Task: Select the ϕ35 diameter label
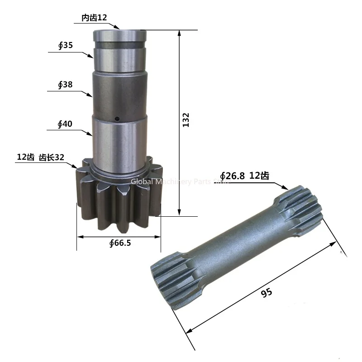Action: tap(66, 46)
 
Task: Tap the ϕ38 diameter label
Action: tap(66, 85)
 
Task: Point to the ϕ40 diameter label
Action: tap(66, 124)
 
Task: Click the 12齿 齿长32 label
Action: tap(41, 157)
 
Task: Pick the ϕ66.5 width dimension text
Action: tap(120, 243)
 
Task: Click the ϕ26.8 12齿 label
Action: tap(244, 176)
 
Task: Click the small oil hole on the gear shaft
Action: tap(116, 119)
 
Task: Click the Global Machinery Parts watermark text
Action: tap(181, 181)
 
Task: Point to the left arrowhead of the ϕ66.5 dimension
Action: tap(79, 236)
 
